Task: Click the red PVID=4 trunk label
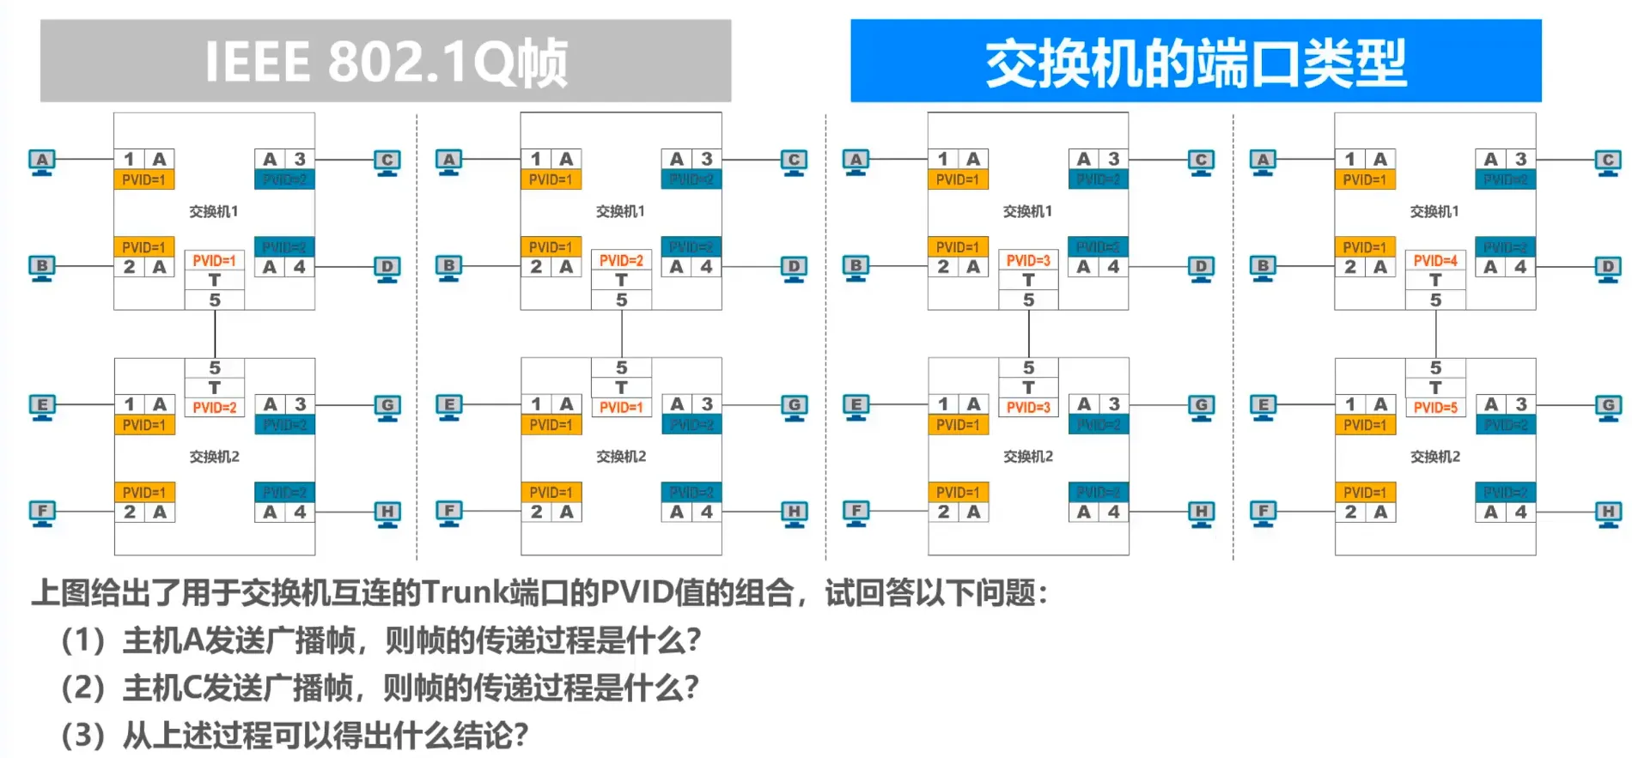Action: coord(1435,260)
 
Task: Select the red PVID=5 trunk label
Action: coord(1435,408)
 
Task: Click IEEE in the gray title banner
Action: coord(257,62)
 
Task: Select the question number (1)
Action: coord(83,640)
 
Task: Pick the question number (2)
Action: coord(83,688)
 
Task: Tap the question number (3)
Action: coord(83,735)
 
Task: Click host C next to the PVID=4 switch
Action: coord(1608,161)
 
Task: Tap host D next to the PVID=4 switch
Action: coord(1608,268)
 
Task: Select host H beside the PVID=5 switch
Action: coord(1608,512)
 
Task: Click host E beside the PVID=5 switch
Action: coord(1263,406)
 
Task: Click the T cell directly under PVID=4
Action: coord(1435,280)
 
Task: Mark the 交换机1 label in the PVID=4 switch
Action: coord(1434,211)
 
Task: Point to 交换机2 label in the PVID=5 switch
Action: coord(1434,457)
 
